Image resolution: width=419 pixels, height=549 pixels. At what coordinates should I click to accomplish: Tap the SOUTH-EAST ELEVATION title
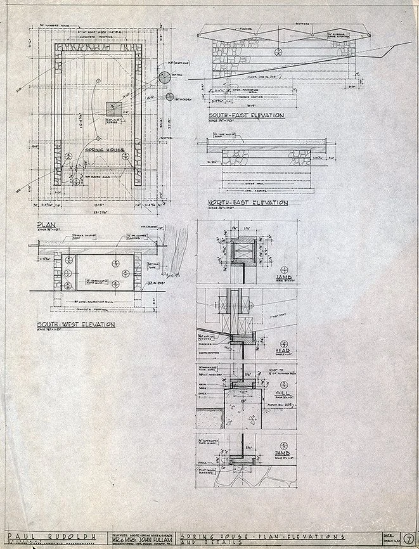click(245, 115)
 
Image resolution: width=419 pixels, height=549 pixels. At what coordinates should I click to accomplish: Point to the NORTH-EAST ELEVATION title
click(247, 203)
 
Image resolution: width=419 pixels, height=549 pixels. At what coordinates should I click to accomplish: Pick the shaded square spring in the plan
click(115, 107)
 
